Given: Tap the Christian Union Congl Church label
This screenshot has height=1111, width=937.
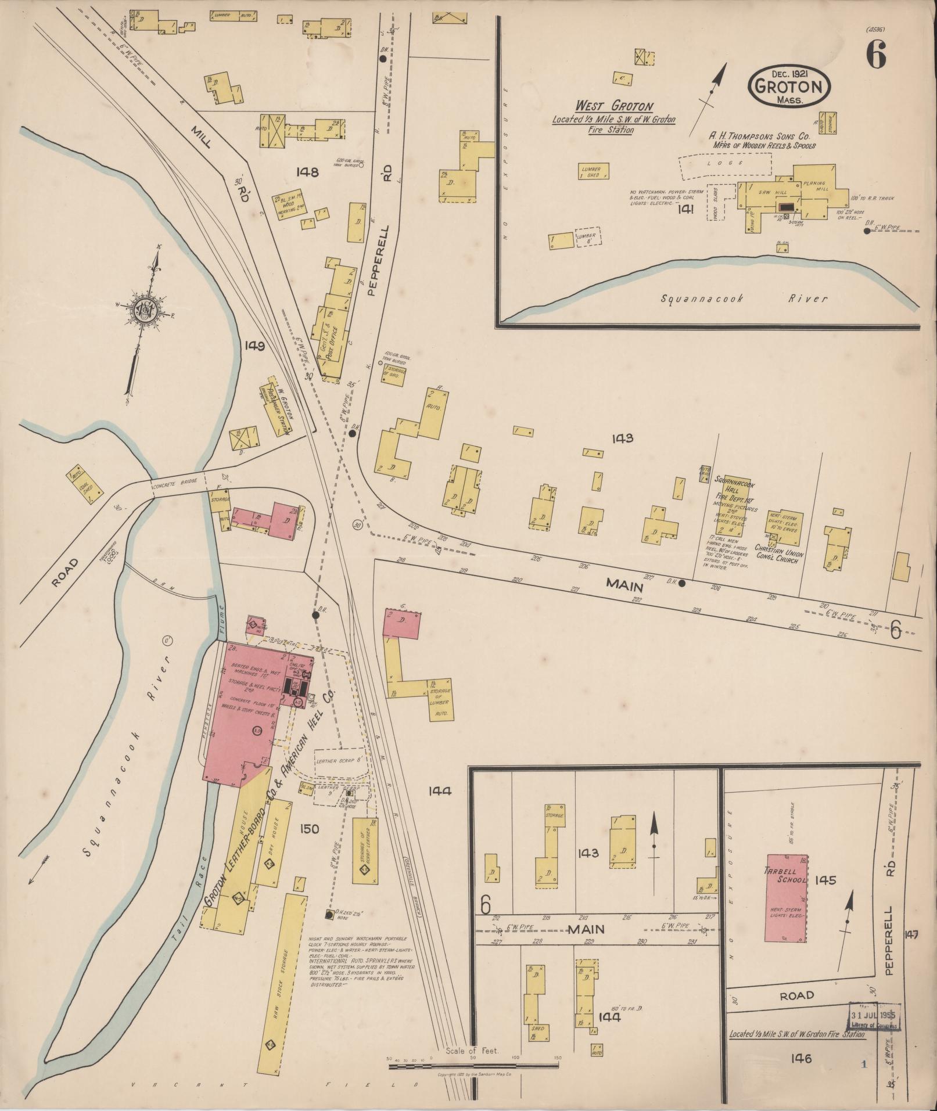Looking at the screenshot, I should [x=778, y=551].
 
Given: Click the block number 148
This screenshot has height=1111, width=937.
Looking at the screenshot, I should [x=307, y=172].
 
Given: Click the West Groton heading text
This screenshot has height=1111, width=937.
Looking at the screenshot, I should [x=614, y=106].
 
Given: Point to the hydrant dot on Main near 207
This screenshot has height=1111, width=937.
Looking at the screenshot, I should [x=682, y=583].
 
